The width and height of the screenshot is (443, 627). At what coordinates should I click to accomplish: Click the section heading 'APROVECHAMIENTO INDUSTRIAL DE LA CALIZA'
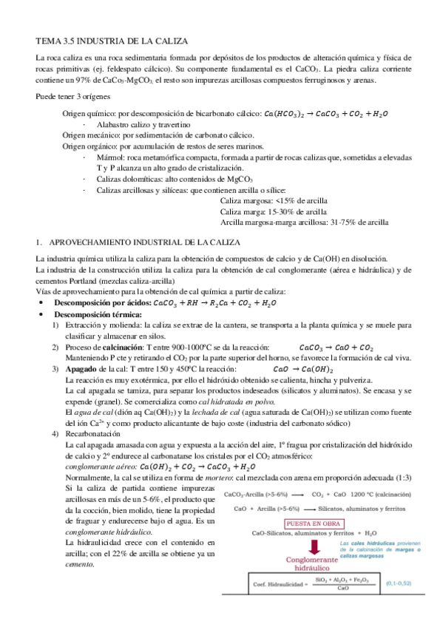(143, 242)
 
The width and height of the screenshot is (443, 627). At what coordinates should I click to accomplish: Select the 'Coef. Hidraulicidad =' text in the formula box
(269, 603)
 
